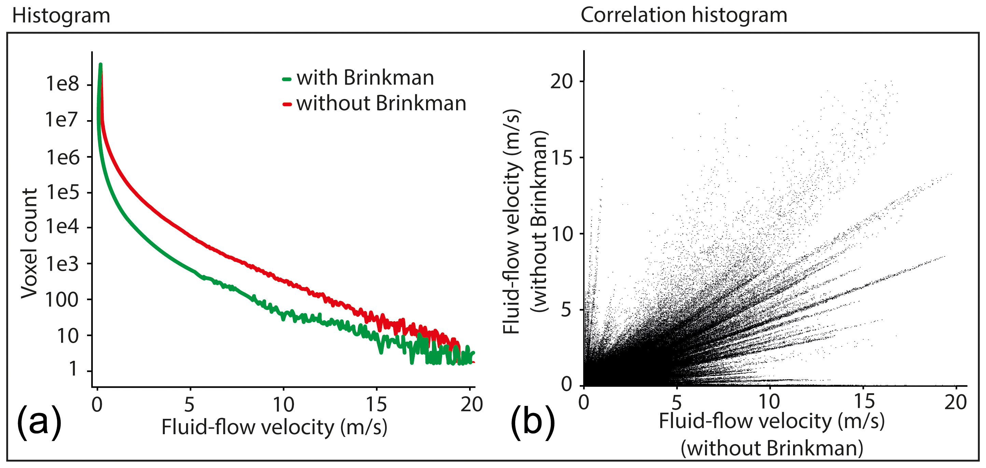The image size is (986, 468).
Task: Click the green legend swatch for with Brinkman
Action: tap(287, 79)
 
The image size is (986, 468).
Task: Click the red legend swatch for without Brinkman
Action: tap(287, 104)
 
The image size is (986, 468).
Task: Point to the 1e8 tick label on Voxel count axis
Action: tap(62, 83)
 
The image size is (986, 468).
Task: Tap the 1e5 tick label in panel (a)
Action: tap(62, 192)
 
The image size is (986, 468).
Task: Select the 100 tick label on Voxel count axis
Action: tap(62, 300)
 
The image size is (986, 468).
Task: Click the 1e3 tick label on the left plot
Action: tap(62, 264)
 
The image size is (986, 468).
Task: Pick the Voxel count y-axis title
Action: tap(29, 243)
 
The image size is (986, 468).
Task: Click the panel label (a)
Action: tap(39, 422)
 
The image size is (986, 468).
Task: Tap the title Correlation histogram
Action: tap(684, 15)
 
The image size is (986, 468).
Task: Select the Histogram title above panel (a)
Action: tap(61, 16)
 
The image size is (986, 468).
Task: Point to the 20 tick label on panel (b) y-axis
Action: tap(561, 81)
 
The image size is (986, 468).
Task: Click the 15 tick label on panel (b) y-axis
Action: tap(562, 157)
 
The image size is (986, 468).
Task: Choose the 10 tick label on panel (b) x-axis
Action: tap(769, 401)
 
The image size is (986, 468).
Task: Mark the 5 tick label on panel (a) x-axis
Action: tap(189, 405)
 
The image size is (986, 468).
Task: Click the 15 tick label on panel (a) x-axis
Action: tap(376, 405)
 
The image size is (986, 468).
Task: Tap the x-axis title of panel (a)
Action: tap(274, 427)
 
